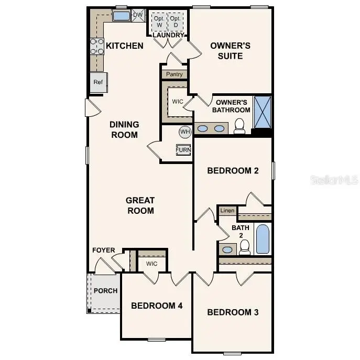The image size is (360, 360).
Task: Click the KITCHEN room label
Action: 125,46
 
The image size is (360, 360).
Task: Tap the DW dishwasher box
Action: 138,15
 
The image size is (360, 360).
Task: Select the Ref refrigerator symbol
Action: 98,82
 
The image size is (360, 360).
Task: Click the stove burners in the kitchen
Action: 97,47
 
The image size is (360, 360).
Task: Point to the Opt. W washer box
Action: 159,22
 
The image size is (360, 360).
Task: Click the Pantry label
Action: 174,74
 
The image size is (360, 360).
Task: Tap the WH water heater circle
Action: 185,132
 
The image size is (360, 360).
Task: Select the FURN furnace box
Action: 183,150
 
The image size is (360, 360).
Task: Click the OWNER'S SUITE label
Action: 230,50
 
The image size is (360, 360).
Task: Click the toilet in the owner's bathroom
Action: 240,126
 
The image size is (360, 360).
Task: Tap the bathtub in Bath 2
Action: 263,239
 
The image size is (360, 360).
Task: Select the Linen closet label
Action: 227,211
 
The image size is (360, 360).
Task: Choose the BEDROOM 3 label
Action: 233,312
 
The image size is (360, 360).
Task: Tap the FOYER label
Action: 103,250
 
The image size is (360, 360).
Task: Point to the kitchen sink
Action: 121,16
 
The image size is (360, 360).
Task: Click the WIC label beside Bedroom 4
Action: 152,264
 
